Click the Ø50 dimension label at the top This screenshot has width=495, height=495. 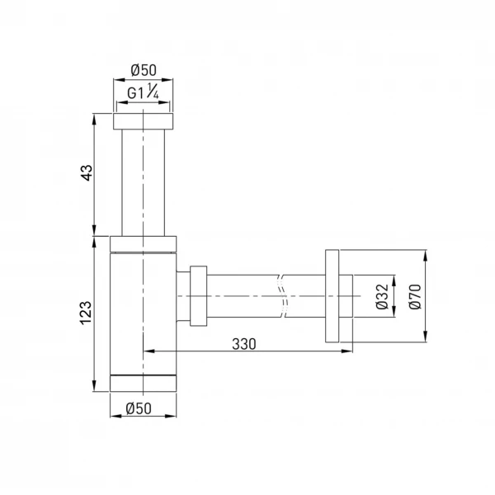[x=144, y=70]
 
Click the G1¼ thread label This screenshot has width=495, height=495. [x=144, y=94]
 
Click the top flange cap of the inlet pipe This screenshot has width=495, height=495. [x=144, y=121]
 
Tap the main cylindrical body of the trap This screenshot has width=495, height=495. [x=144, y=313]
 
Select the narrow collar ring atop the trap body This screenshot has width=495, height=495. [x=144, y=241]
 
